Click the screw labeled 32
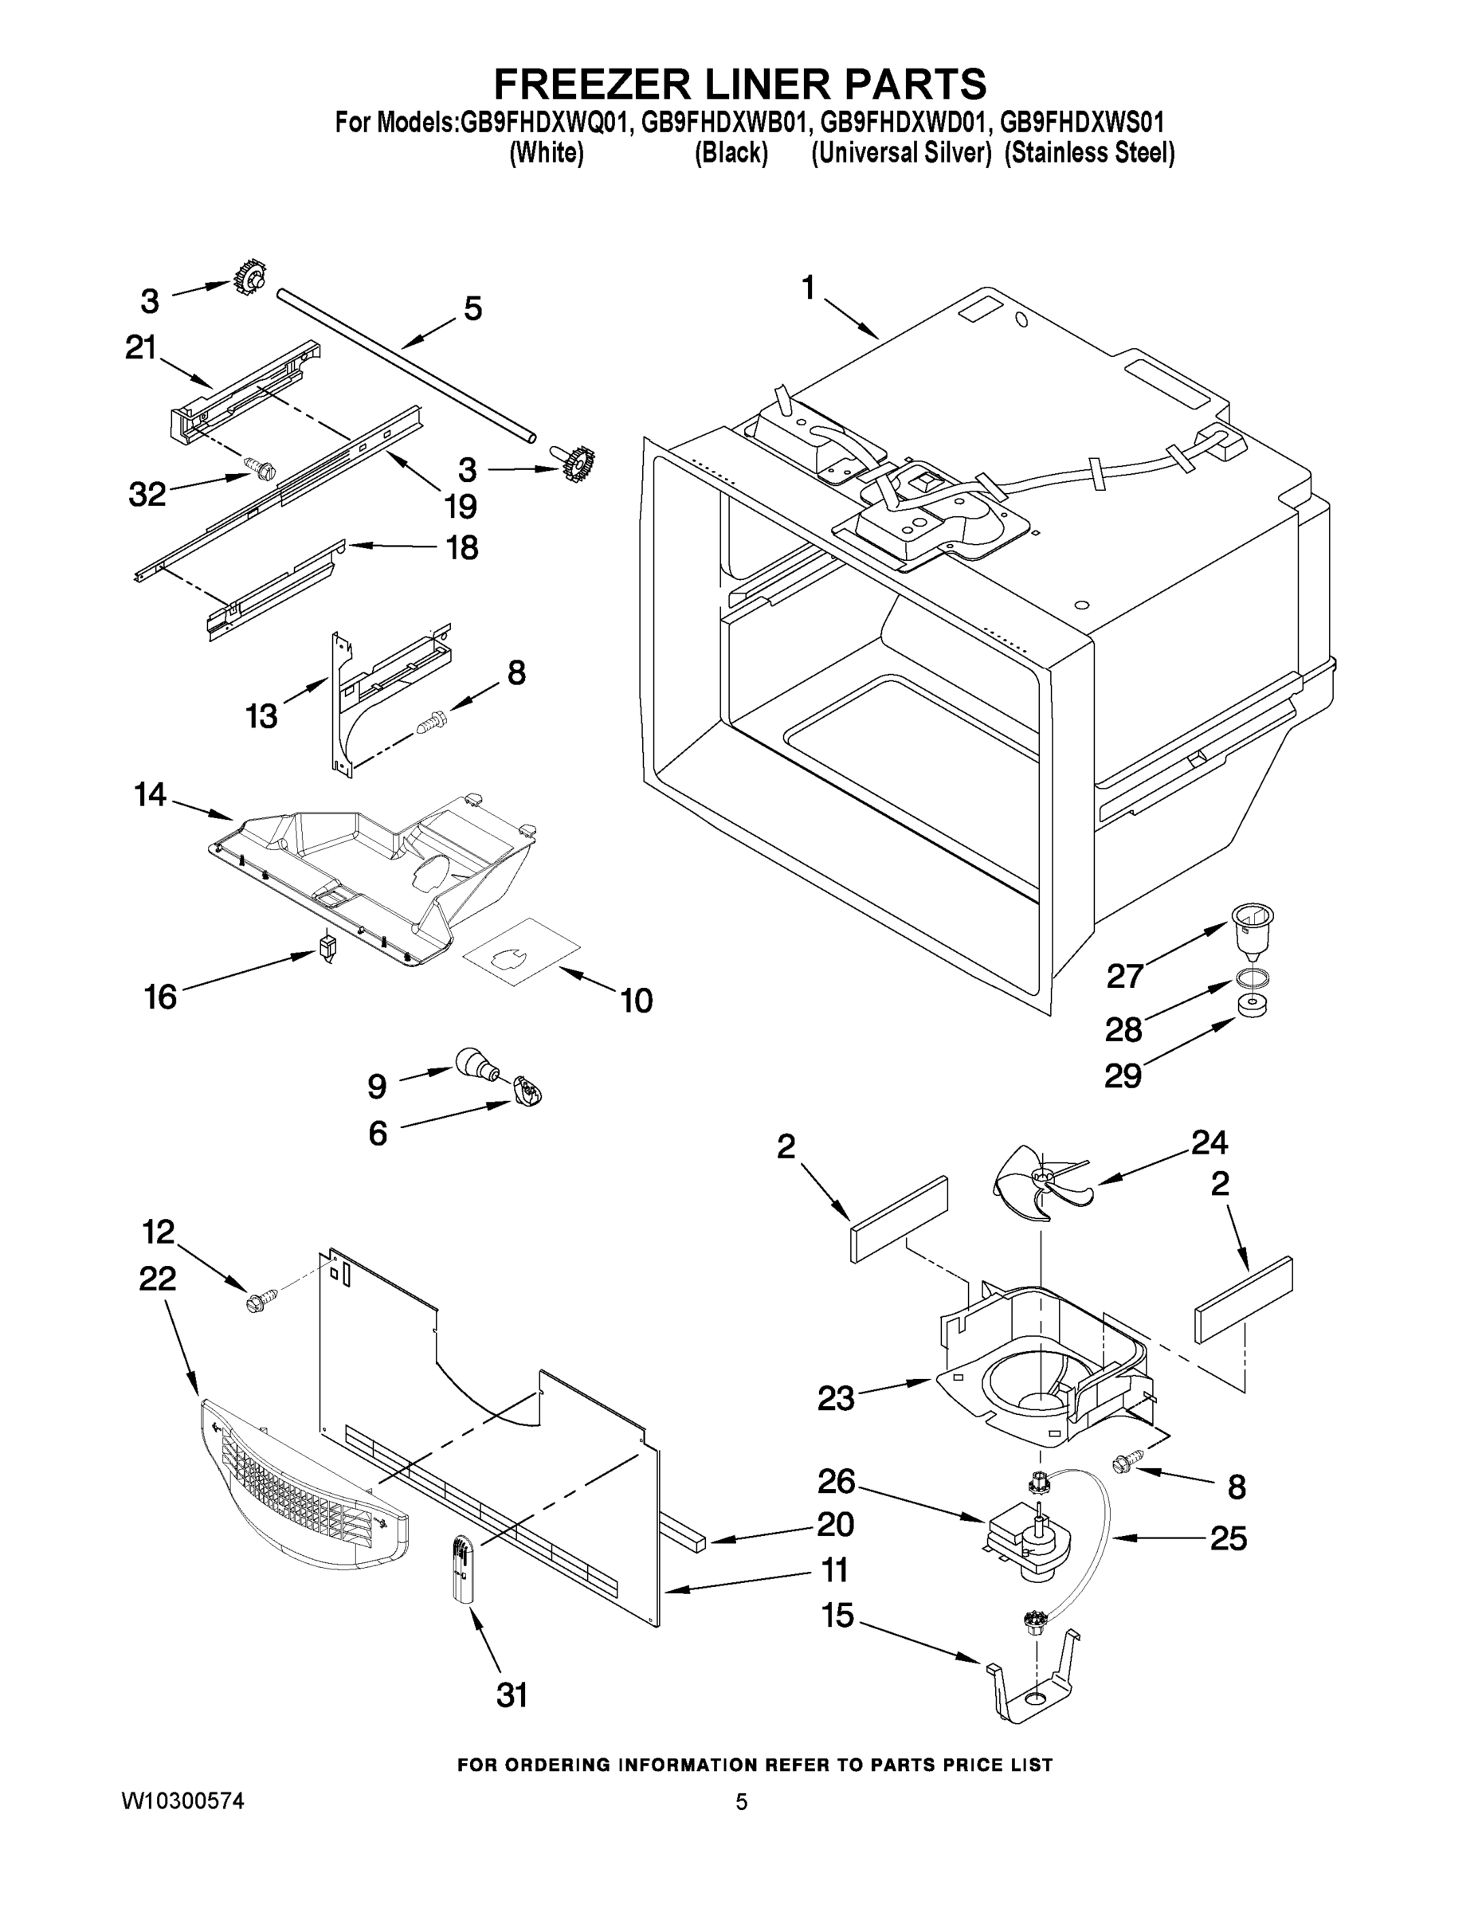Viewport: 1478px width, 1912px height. (260, 469)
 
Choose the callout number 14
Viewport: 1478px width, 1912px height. (150, 795)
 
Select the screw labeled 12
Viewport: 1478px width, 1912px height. (261, 1304)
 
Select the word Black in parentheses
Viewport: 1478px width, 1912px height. (731, 153)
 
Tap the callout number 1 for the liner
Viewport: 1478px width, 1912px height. (808, 286)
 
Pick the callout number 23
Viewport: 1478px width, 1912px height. (835, 1398)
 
